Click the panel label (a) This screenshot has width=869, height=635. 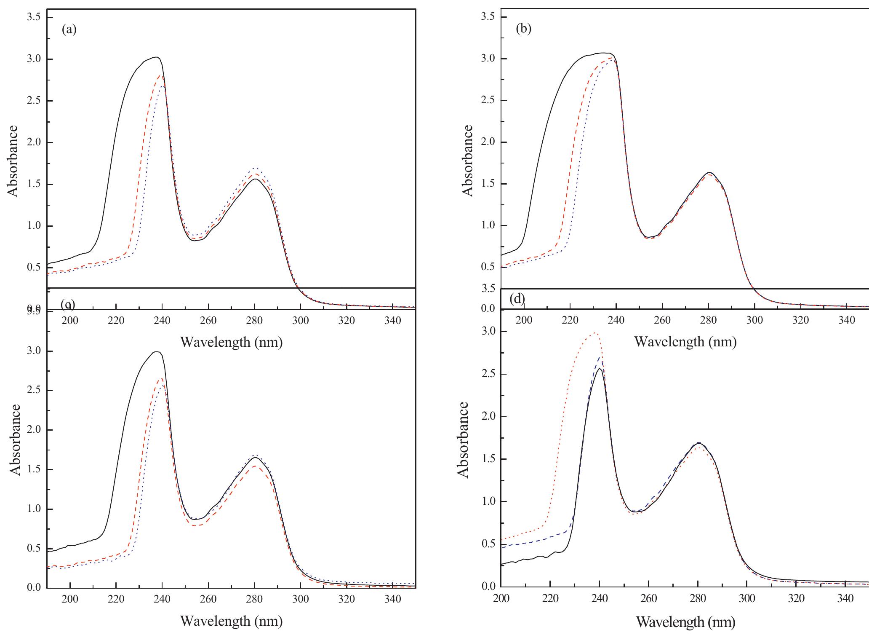(x=69, y=30)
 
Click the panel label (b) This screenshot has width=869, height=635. (x=523, y=29)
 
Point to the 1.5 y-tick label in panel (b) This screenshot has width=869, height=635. (x=488, y=184)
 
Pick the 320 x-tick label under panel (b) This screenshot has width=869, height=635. (x=800, y=321)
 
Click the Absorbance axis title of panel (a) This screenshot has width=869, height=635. (x=13, y=161)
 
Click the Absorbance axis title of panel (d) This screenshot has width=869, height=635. (x=463, y=439)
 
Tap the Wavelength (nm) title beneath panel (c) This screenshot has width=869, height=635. (x=231, y=621)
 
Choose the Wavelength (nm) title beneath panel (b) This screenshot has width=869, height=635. (x=685, y=342)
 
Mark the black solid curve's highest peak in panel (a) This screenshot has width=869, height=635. (x=156, y=57)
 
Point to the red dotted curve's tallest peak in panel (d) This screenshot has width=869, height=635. (x=594, y=332)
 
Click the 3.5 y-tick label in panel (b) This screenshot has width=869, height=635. (x=488, y=17)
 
